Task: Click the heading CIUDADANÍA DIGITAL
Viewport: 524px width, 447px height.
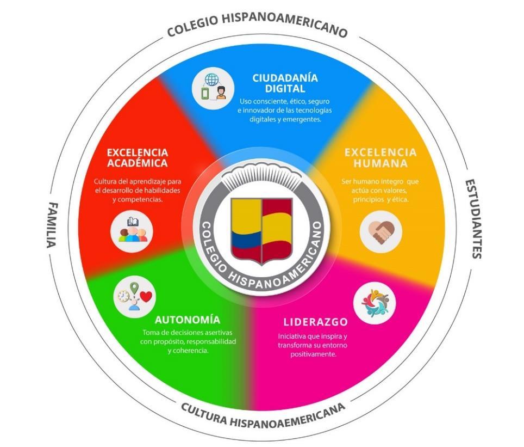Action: [285, 83]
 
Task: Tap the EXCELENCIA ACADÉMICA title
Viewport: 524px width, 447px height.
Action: [138, 158]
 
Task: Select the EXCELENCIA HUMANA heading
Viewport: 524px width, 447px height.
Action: [380, 158]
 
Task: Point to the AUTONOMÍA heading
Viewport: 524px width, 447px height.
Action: [188, 320]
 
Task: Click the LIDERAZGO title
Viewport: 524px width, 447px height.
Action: [316, 322]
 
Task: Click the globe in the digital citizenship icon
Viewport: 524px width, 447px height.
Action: [211, 79]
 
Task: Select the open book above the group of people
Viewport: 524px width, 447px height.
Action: [133, 222]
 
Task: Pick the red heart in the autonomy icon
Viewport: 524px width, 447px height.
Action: [146, 297]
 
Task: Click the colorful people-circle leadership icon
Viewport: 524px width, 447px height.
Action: [375, 303]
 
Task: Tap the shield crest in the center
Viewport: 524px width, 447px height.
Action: [261, 230]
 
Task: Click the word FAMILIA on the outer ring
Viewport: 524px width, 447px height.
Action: [52, 225]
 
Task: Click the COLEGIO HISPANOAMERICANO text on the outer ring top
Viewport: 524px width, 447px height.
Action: [258, 25]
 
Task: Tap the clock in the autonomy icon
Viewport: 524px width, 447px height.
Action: [123, 296]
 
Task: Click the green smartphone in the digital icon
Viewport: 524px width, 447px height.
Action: [205, 93]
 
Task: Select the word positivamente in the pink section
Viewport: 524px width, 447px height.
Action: [313, 354]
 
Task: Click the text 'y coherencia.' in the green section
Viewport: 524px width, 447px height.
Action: [188, 351]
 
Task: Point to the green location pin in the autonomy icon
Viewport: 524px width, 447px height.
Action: [134, 288]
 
